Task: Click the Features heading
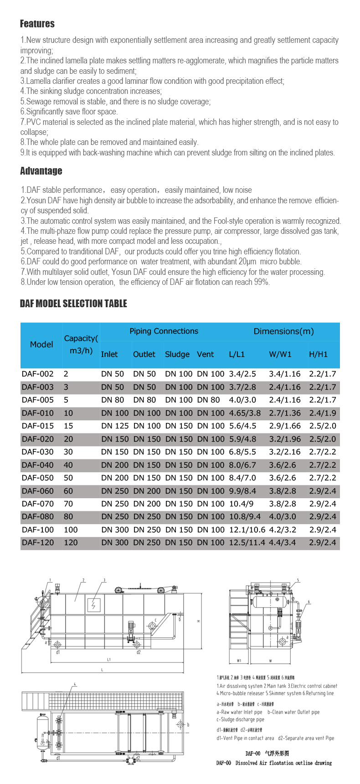[x=37, y=24]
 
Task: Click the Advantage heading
[x=41, y=171]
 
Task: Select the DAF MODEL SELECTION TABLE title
[x=73, y=304]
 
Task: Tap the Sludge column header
[x=177, y=354]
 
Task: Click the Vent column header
[x=205, y=354]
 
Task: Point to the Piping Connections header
[x=164, y=331]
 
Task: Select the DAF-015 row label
[x=38, y=426]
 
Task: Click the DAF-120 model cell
[x=38, y=542]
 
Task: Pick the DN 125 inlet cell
[x=113, y=426]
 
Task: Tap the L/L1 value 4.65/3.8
[x=245, y=413]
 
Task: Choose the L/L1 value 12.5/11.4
[x=247, y=542]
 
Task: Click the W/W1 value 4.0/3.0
[x=282, y=516]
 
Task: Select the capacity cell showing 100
[x=71, y=530]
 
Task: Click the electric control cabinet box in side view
[x=94, y=605]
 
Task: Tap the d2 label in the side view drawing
[x=139, y=652]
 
